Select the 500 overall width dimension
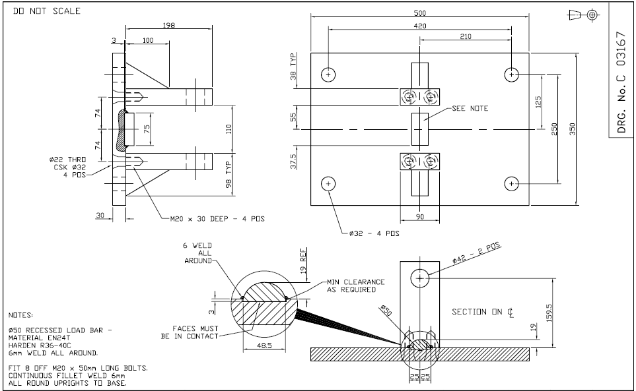[x=419, y=13]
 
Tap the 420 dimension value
[x=419, y=26]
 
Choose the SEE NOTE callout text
[x=470, y=108]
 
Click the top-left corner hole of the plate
[x=328, y=75]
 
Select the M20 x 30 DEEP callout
[x=213, y=218]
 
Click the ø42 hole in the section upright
[x=419, y=280]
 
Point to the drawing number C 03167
[x=620, y=82]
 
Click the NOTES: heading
[x=22, y=316]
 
